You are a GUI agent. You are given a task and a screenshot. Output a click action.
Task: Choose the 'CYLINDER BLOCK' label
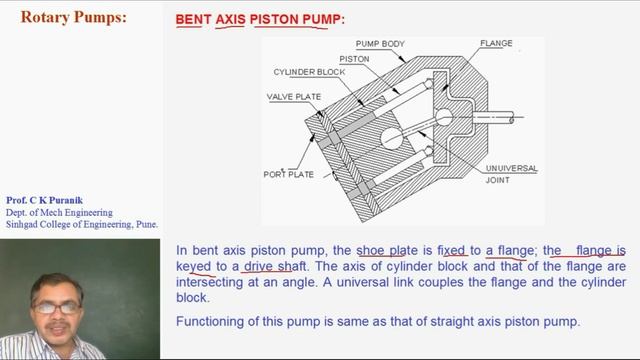click(311, 74)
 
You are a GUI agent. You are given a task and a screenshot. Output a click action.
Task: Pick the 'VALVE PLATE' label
click(292, 97)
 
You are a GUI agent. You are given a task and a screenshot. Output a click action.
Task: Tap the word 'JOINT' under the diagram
click(497, 181)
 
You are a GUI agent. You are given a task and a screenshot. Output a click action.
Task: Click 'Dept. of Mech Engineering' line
click(59, 212)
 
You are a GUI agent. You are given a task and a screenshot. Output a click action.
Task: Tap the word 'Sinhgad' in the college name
click(24, 224)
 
